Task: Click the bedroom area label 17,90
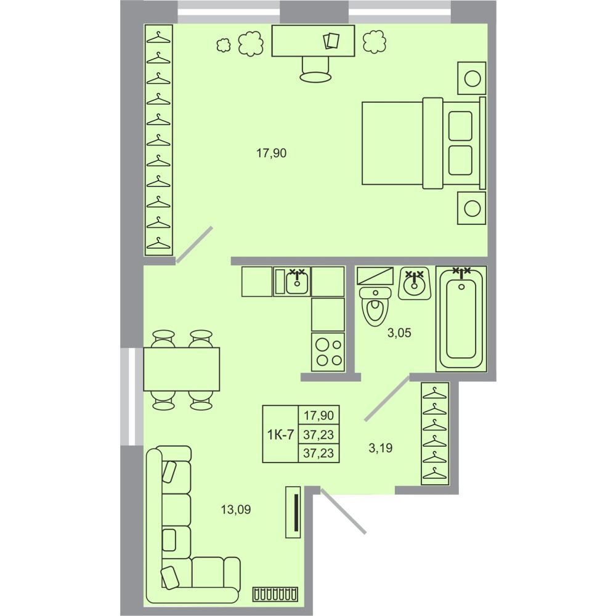click(x=272, y=153)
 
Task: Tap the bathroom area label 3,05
click(x=399, y=333)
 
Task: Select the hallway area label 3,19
click(x=381, y=447)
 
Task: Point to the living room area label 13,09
click(x=236, y=509)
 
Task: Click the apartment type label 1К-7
click(x=280, y=434)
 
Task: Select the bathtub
click(x=461, y=318)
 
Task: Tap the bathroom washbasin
click(x=415, y=283)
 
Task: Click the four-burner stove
click(x=328, y=352)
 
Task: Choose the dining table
click(x=182, y=369)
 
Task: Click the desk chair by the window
click(x=315, y=70)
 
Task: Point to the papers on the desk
click(x=331, y=41)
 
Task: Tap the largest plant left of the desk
click(x=251, y=43)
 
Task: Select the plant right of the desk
click(x=375, y=42)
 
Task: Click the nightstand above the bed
click(x=472, y=78)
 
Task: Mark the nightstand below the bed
click(x=472, y=208)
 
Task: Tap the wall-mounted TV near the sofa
click(x=293, y=512)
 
